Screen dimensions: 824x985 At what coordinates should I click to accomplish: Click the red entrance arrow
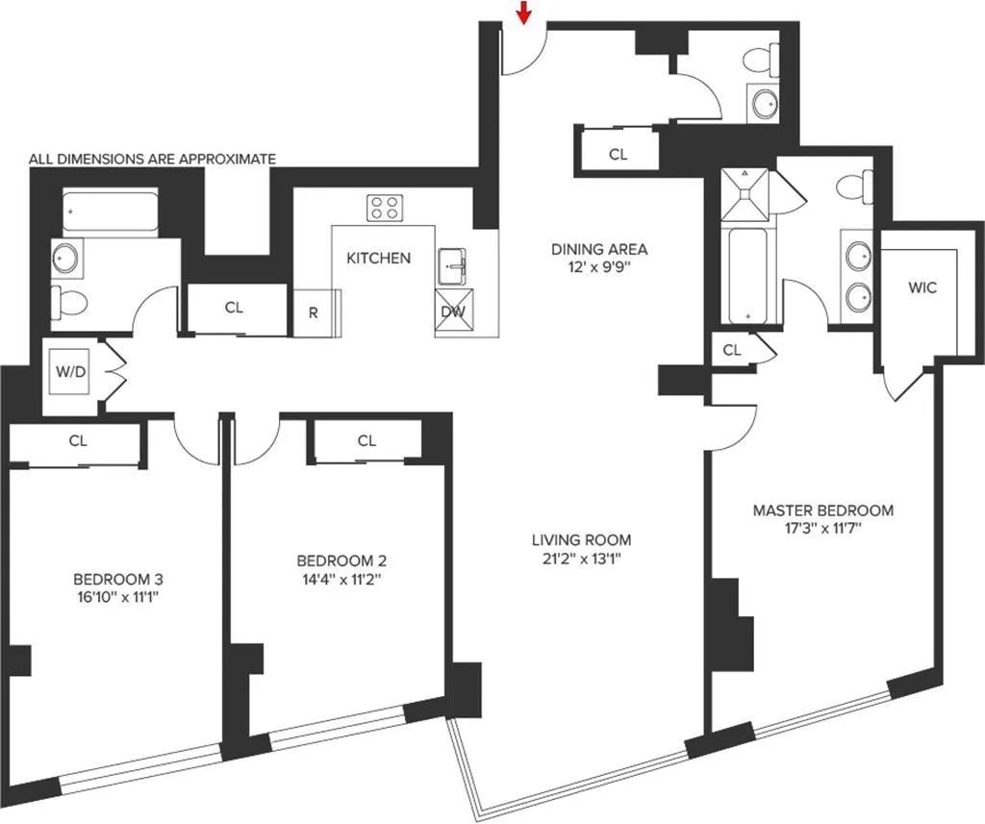[x=523, y=12]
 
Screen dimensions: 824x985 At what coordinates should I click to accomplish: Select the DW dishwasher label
[x=452, y=312]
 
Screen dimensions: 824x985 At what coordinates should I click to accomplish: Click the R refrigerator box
[x=313, y=312]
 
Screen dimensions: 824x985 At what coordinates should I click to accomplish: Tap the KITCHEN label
[x=378, y=258]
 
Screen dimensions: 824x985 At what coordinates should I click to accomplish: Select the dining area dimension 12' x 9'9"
[x=598, y=268]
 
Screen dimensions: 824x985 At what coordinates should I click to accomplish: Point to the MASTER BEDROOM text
[x=822, y=510]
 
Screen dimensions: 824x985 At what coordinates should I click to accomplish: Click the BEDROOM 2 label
[x=341, y=561]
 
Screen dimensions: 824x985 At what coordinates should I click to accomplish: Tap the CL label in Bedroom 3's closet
[x=78, y=441]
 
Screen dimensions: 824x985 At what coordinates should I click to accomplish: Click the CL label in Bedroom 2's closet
[x=366, y=440]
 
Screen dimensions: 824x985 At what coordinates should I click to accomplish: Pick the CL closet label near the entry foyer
[x=618, y=154]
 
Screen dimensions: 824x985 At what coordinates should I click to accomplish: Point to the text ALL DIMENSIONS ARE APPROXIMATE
[x=152, y=159]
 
